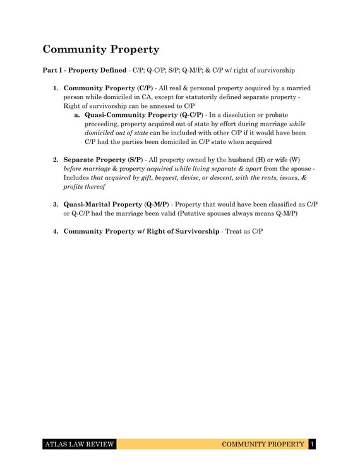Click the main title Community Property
click(100, 49)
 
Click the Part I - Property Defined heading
click(85, 70)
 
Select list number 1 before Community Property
click(56, 88)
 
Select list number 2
click(56, 160)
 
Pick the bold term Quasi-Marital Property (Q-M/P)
click(116, 205)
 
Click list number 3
click(56, 205)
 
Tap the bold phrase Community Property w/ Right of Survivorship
click(141, 232)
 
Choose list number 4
click(56, 232)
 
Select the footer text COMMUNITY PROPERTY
click(263, 445)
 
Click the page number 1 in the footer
click(312, 445)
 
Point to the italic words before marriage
click(86, 169)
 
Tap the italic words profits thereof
click(84, 187)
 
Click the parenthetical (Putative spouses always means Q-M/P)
click(230, 214)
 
